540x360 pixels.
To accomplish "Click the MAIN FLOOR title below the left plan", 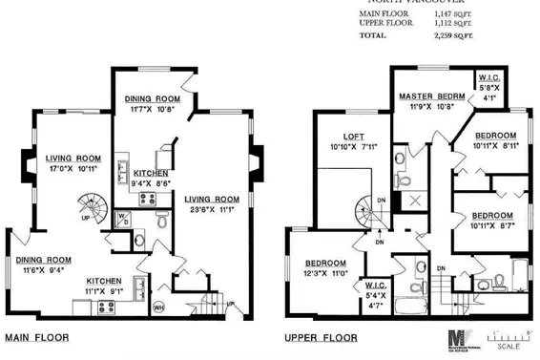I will point(38,338).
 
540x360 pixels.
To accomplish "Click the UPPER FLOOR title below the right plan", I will point(322,338).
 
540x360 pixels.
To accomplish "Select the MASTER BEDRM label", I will point(431,97).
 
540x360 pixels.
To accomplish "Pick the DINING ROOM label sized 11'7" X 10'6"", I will point(153,98).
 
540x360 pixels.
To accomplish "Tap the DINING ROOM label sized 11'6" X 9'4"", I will point(42,260).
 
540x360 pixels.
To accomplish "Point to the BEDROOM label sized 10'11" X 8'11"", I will point(496,136).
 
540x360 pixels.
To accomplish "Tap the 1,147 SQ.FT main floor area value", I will point(448,14).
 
